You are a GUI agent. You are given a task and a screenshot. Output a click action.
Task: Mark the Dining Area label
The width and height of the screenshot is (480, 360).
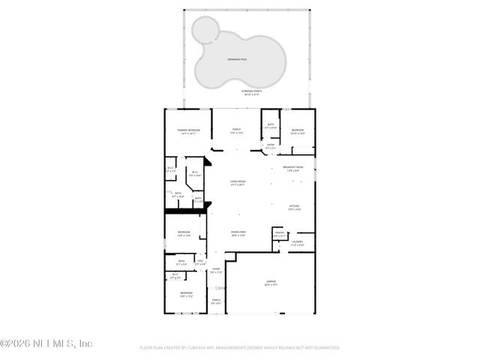click(238, 232)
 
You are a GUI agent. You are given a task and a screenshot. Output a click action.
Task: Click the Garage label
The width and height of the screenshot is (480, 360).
click(271, 282)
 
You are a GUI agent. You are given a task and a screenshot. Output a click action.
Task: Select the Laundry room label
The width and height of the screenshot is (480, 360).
click(297, 241)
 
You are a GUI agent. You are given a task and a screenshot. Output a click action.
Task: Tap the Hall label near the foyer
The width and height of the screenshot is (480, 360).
click(200, 261)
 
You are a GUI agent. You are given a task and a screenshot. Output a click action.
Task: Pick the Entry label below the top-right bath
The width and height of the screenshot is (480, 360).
click(270, 145)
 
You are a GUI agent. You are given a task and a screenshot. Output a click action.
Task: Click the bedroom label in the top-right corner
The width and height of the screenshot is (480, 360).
click(298, 130)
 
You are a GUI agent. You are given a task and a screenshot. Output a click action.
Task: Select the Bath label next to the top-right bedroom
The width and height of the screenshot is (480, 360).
click(271, 125)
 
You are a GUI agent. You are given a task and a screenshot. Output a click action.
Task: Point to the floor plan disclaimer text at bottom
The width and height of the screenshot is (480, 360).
click(240, 348)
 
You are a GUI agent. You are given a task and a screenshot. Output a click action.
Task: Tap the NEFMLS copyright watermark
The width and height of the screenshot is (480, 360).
click(46, 343)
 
